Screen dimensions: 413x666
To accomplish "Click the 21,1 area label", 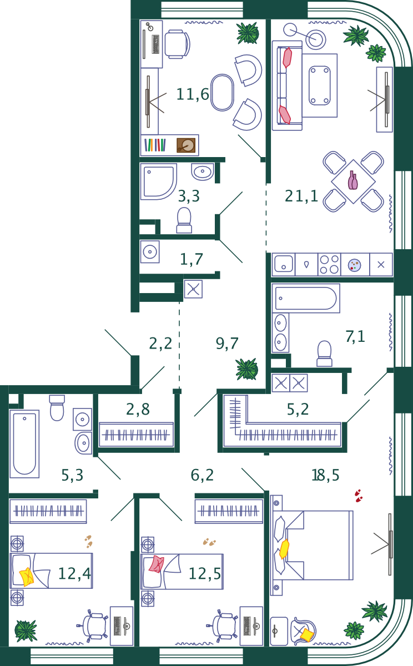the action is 301,196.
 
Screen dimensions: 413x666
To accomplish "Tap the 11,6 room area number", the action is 193,94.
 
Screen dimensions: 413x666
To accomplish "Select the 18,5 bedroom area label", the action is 325,475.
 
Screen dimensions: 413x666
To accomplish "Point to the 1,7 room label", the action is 192,259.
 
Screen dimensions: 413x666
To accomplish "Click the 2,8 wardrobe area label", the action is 138,410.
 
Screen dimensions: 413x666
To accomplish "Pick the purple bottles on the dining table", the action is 352,180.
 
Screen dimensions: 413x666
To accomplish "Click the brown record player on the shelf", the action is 187,145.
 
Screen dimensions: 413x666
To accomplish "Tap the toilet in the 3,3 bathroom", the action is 184,220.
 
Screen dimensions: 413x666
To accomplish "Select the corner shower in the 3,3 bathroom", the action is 158,181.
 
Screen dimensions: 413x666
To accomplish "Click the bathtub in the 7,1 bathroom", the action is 306,298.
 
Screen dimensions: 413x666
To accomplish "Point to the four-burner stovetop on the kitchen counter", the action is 329,264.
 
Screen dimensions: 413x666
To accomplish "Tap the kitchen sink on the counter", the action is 283,264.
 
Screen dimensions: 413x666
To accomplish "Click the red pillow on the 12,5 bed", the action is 157,564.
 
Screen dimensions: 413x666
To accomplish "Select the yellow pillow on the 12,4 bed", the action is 27,577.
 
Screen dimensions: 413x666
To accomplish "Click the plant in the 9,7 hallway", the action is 247,369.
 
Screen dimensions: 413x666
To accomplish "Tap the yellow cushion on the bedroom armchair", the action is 307,635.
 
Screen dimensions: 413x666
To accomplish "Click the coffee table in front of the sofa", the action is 320,85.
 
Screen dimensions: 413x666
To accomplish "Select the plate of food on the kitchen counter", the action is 355,265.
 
